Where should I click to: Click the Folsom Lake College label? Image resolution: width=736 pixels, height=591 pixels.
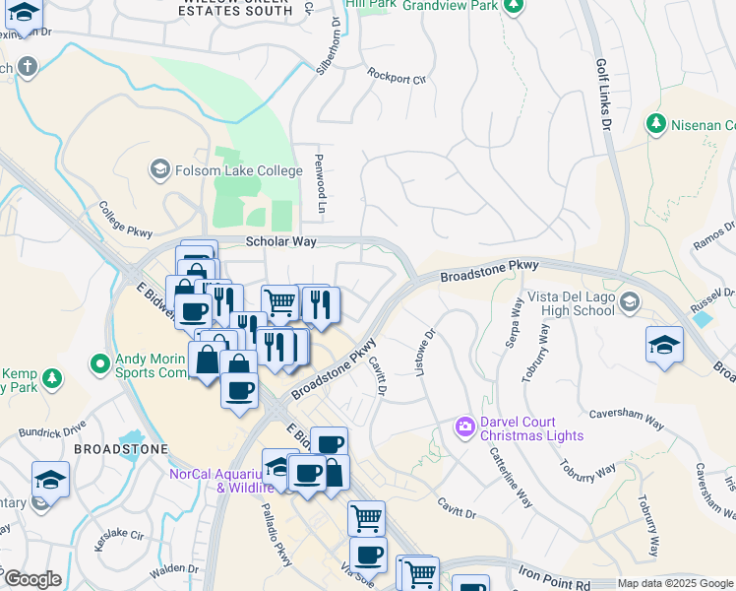pos(238,170)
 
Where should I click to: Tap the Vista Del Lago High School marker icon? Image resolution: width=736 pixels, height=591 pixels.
pos(629,302)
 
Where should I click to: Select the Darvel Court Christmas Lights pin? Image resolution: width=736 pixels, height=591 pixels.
pos(464,427)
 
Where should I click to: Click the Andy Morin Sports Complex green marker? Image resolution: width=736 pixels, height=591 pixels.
pos(99,364)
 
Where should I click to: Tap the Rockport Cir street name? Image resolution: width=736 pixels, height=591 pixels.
pos(396,75)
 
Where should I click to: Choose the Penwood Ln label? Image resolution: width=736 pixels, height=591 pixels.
pos(320,183)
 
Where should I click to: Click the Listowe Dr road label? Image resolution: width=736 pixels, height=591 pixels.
pos(427,354)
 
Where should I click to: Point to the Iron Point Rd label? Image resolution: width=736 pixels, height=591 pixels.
pos(558,573)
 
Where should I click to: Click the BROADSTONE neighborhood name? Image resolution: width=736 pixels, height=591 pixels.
pos(120,448)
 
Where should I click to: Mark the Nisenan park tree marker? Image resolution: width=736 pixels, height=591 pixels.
pos(655,124)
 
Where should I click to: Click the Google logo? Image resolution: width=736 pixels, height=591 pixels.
pos(31,579)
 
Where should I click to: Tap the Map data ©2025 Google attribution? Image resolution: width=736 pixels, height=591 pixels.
pos(674,584)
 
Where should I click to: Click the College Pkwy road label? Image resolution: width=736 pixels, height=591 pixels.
pos(126,220)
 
